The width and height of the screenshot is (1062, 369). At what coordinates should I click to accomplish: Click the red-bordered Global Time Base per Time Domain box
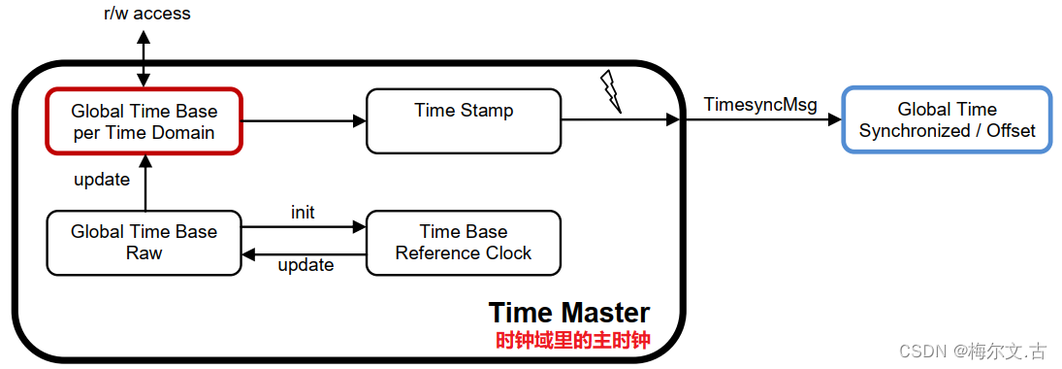[x=144, y=121]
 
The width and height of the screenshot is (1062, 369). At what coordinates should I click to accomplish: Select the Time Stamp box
[x=464, y=121]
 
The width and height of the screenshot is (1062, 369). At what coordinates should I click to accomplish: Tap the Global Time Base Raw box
[x=144, y=243]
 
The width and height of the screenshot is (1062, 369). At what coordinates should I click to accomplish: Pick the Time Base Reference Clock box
[x=464, y=243]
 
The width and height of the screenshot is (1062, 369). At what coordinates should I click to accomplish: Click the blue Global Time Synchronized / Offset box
[x=947, y=120]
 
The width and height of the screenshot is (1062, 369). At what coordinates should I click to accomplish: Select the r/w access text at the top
[x=147, y=14]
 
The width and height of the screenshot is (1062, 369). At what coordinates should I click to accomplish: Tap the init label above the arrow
[x=303, y=212]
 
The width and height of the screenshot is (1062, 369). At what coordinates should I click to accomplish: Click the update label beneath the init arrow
[x=306, y=265]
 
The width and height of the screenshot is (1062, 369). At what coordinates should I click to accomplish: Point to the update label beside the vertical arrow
[x=102, y=181]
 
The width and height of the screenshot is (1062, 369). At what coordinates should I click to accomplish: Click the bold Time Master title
[x=569, y=313]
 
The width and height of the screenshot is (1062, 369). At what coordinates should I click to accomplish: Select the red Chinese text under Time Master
[x=572, y=341]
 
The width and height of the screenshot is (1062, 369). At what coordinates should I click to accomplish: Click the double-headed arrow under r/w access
[x=145, y=58]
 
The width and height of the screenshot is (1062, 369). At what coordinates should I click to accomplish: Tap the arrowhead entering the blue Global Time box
[x=835, y=120]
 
